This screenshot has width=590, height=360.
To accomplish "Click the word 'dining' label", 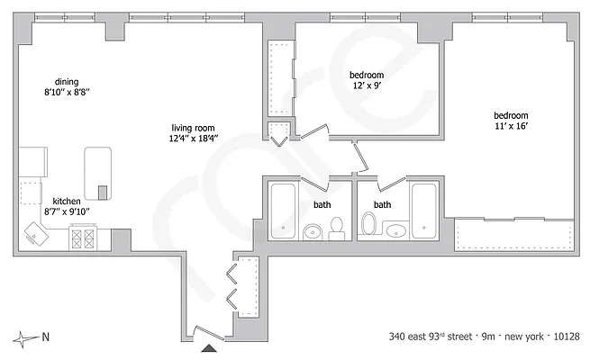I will [67, 81].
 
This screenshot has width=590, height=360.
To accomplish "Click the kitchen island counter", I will [97, 172].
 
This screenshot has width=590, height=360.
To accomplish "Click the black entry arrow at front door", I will [210, 347].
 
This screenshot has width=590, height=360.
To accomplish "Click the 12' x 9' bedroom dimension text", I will [367, 86].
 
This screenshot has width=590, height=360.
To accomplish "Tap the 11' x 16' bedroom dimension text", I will [509, 127].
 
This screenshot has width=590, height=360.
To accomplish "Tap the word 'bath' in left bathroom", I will [322, 204].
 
